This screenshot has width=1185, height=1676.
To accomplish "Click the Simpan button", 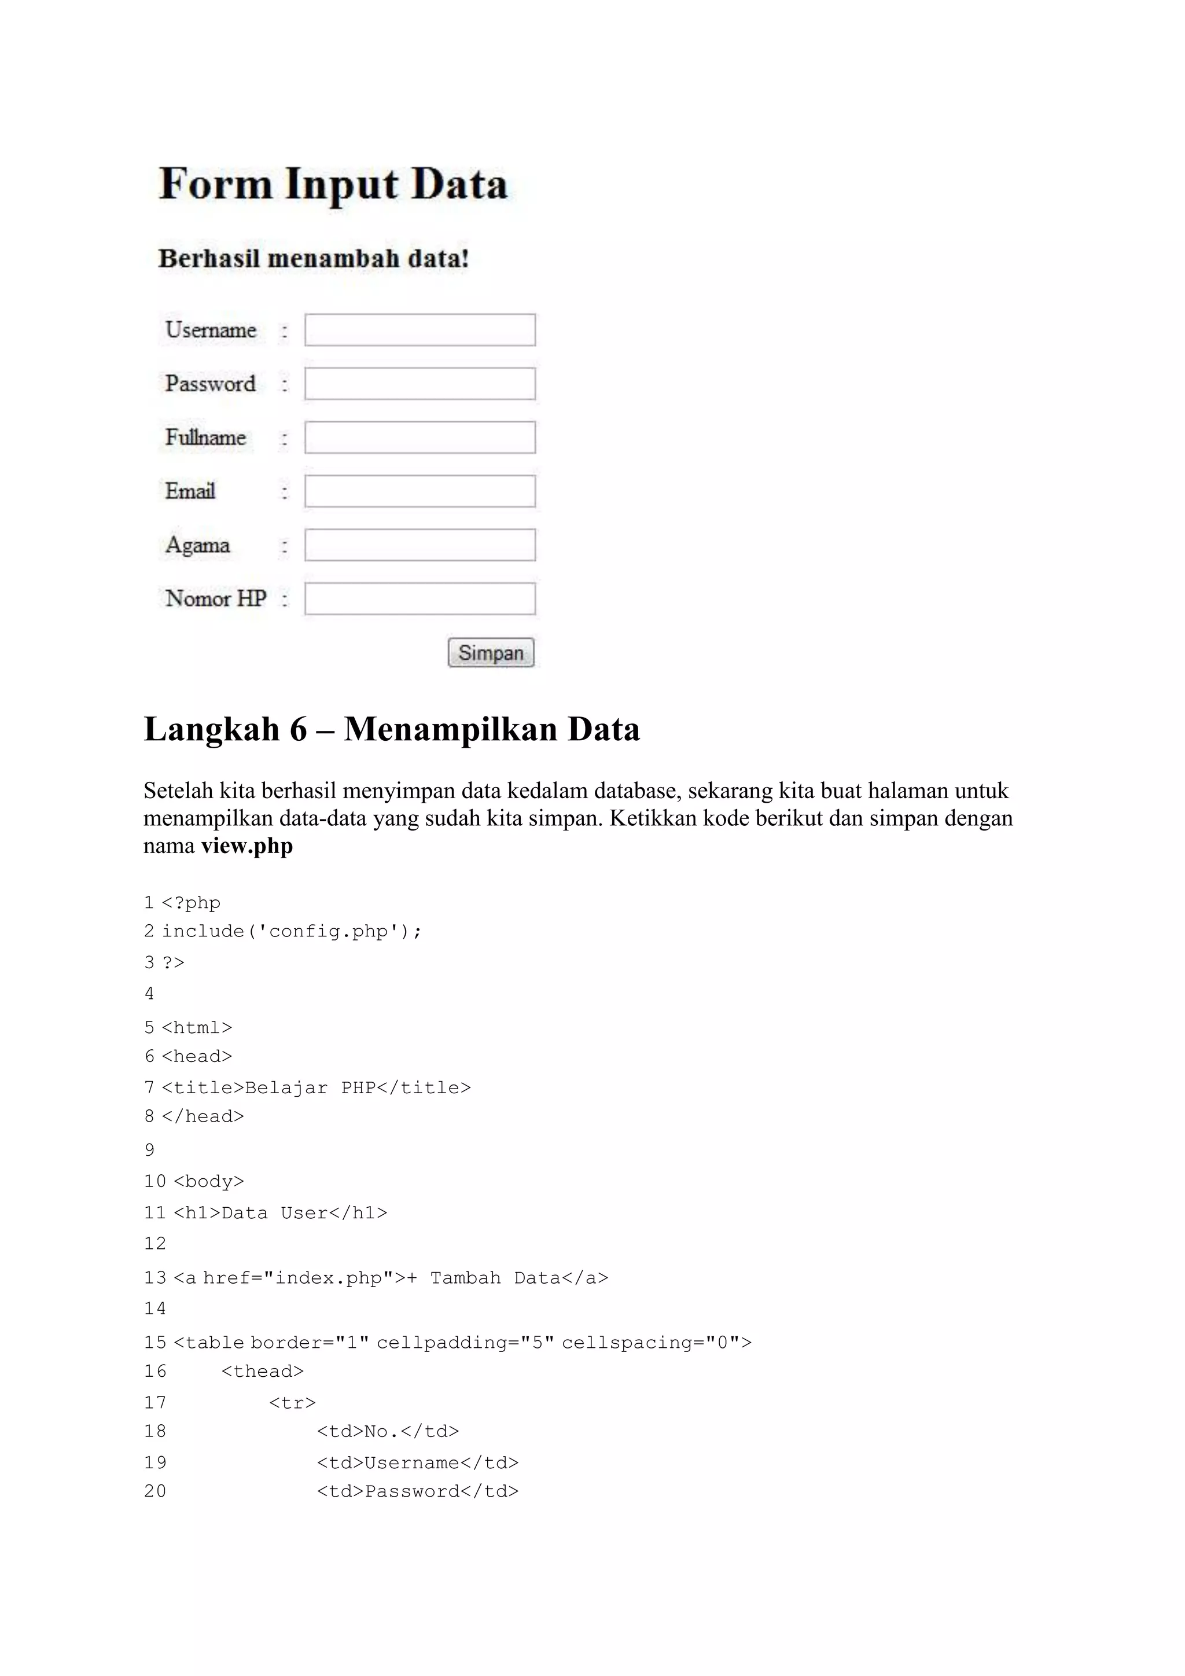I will [x=490, y=653].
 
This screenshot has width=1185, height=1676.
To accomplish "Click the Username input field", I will [x=419, y=330].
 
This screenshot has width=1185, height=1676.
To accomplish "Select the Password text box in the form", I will [x=419, y=384].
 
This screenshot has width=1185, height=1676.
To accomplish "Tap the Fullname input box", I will [x=419, y=438].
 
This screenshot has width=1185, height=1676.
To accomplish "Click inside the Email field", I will [x=419, y=491].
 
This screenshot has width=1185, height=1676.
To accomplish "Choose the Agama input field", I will [x=419, y=545].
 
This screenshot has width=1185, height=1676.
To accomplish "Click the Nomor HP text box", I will [x=419, y=598].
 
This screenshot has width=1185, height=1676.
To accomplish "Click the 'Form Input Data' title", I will [x=333, y=184].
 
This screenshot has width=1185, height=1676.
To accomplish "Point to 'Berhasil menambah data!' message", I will [x=313, y=259].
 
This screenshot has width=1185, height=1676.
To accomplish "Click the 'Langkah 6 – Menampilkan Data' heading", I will [x=392, y=729].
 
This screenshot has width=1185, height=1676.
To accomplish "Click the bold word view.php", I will [x=246, y=846].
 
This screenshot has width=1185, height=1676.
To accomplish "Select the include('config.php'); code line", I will [x=291, y=931].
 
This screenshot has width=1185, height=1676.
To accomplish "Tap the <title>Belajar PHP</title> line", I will [x=316, y=1087].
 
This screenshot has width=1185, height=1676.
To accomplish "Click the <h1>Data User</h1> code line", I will [x=280, y=1213].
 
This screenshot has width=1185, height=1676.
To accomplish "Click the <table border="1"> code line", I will [x=462, y=1343].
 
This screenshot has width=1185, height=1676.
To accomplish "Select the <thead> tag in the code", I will [x=262, y=1372].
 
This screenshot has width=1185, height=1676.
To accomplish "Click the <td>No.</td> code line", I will [x=388, y=1431].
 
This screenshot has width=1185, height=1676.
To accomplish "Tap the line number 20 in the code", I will [x=154, y=1491].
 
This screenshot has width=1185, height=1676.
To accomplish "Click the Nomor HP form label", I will [x=215, y=598].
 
